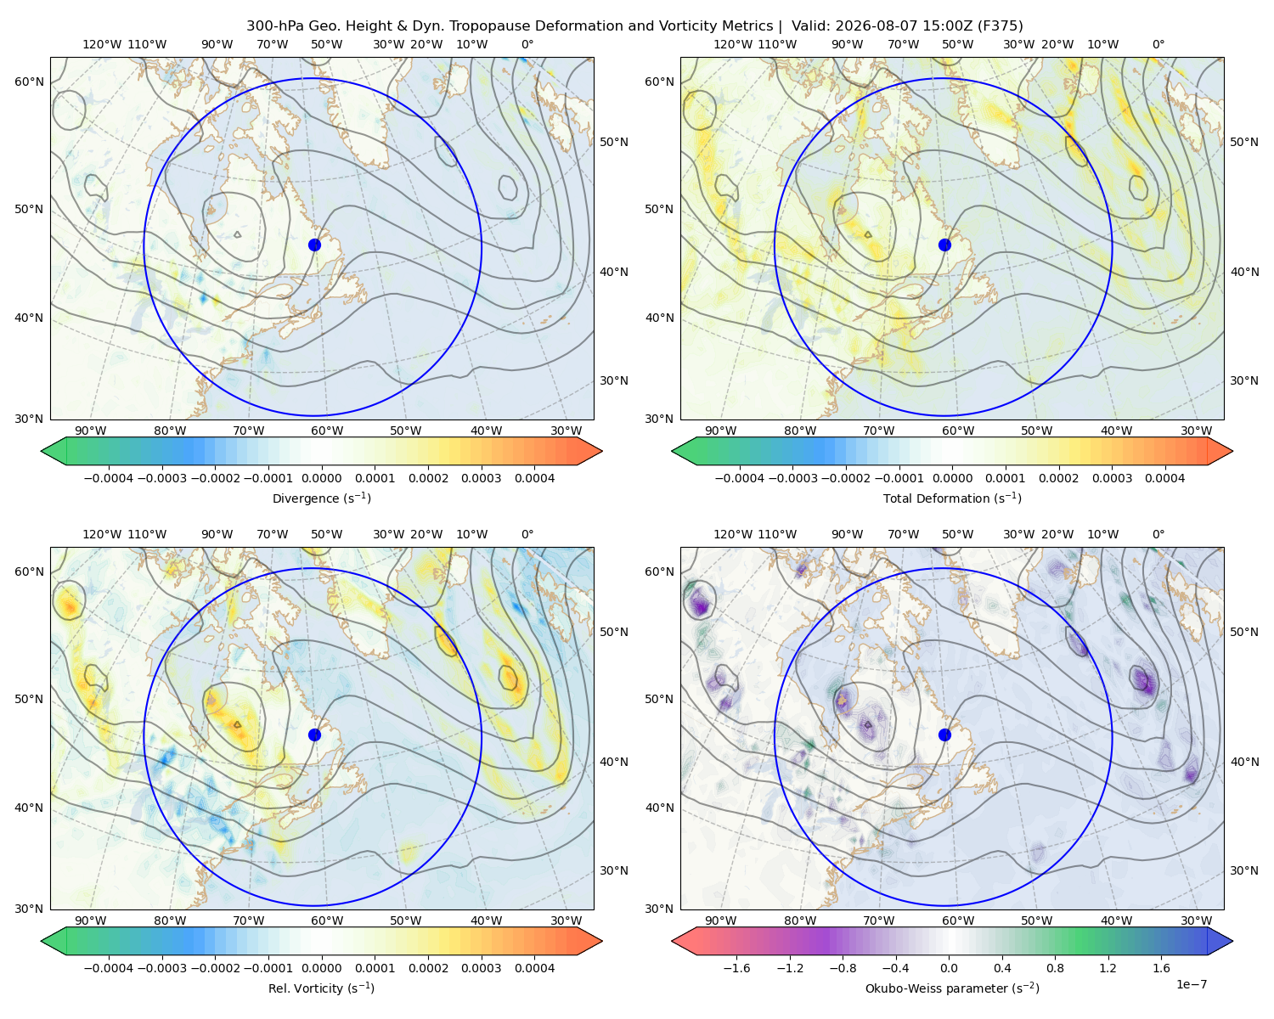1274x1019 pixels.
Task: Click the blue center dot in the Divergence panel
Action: (314, 245)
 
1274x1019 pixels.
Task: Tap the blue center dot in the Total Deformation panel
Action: (944, 245)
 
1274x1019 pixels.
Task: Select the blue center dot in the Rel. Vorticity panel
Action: (314, 735)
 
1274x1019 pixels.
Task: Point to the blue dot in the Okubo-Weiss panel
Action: (944, 735)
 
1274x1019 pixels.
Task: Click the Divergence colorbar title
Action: (321, 498)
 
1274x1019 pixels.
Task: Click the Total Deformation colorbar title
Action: (952, 498)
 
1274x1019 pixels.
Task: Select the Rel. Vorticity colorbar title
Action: (321, 988)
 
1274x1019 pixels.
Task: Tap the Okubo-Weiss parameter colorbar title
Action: (952, 988)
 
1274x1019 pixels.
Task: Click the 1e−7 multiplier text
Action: (1191, 984)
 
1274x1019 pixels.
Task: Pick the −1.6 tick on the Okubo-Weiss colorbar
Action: (736, 967)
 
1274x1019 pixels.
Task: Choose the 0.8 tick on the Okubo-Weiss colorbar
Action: (1055, 967)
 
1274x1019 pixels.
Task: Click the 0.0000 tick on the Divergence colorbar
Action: (321, 478)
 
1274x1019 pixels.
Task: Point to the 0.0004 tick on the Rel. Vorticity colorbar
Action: (534, 967)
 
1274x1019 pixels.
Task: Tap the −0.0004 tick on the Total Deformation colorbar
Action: (740, 478)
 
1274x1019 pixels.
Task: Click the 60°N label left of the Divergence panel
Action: (29, 82)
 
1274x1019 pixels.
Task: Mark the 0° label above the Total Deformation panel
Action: (1158, 44)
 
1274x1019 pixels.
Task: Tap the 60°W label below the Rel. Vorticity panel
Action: (327, 920)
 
